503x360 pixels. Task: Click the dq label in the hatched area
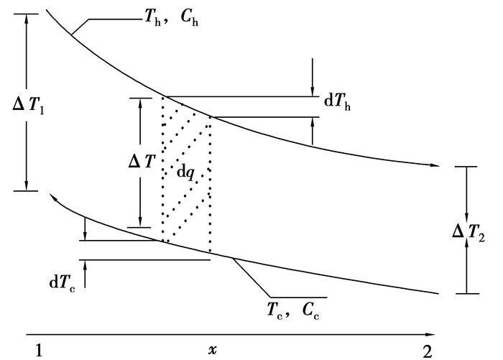185,172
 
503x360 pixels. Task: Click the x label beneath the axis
213,349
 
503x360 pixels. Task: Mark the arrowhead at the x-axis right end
431,334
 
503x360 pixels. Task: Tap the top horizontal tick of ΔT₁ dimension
25,14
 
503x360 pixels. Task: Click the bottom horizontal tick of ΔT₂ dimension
467,293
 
